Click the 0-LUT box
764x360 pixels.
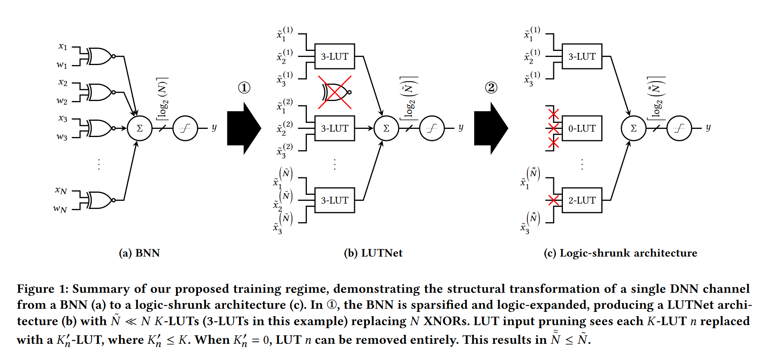click(581, 128)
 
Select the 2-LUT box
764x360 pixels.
click(581, 200)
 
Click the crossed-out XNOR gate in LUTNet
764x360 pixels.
click(335, 92)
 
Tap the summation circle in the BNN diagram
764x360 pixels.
click(140, 128)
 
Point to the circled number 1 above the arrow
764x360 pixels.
click(244, 88)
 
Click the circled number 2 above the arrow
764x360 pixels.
click(491, 88)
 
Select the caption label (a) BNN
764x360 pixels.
click(139, 253)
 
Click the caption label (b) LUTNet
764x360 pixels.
click(373, 253)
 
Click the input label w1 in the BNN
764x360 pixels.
click(62, 65)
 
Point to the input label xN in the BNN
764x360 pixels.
click(61, 190)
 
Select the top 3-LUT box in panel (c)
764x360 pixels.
click(581, 57)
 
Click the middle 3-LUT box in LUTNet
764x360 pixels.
click(334, 128)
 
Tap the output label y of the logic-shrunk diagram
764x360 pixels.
click(708, 128)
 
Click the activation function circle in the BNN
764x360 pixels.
click(185, 128)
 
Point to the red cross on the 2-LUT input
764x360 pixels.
click(553, 200)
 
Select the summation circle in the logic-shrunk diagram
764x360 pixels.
click(633, 128)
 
